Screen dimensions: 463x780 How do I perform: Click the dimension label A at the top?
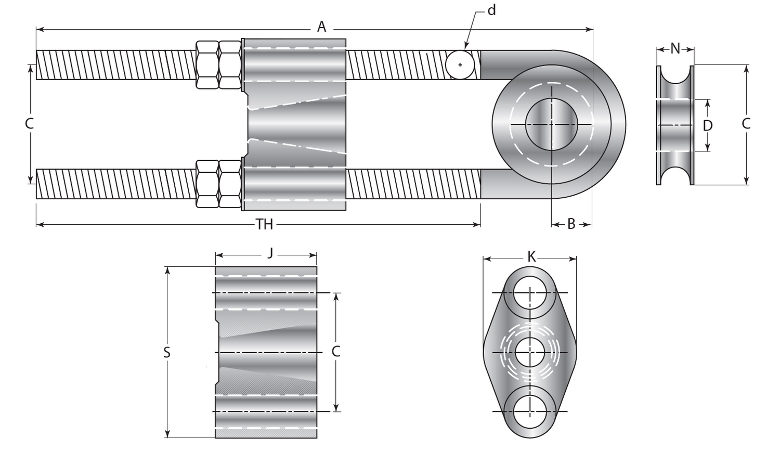321,27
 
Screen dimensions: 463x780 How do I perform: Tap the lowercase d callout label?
491,10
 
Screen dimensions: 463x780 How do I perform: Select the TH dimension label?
264,224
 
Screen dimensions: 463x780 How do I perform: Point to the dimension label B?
571,224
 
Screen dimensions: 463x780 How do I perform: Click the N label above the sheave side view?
675,49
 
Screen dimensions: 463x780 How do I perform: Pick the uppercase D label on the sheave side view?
707,125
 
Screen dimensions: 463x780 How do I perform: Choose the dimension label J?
270,253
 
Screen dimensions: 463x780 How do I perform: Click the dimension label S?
167,353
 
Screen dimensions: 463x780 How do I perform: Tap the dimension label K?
531,256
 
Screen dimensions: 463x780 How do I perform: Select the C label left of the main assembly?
30,124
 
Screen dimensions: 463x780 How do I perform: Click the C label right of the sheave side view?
746,124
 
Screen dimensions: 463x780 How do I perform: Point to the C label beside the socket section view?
336,352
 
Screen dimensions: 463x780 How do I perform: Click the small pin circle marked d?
460,65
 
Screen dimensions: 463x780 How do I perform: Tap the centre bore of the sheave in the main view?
551,124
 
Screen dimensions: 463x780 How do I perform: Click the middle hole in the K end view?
530,353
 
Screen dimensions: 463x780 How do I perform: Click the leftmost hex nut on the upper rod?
207,65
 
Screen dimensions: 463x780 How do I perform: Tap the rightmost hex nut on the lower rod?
230,184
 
